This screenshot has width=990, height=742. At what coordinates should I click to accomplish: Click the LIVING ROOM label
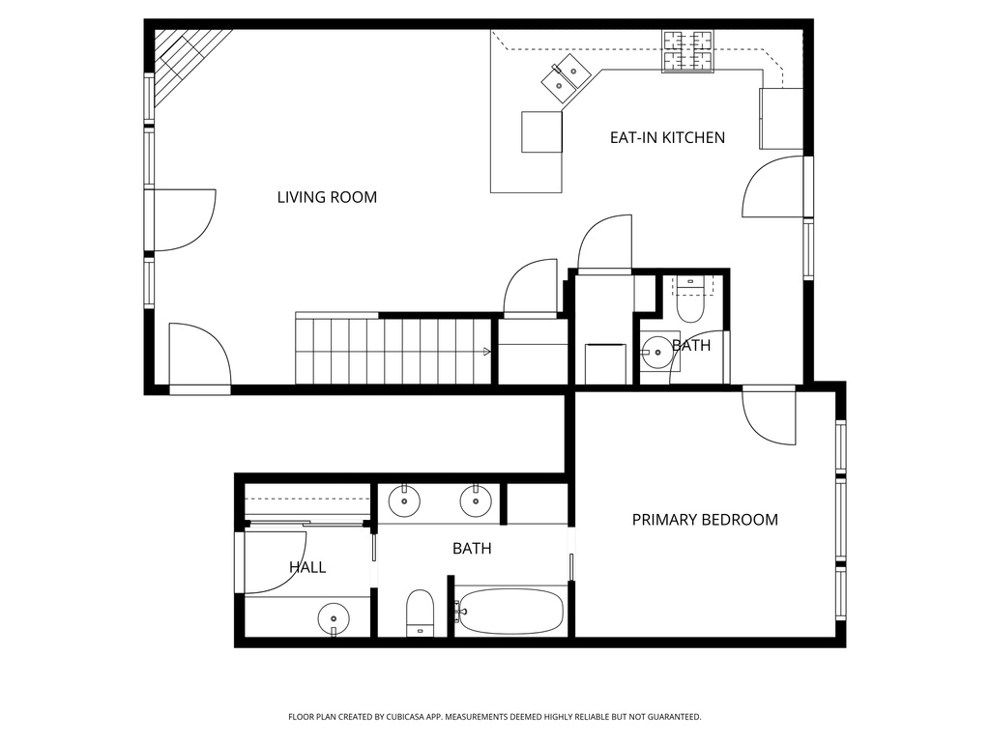coord(327,197)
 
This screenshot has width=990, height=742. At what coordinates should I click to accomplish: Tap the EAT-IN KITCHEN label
coord(667,137)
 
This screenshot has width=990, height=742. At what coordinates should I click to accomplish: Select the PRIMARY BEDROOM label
coord(705,520)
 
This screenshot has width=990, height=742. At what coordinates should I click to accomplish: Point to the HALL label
coord(307,567)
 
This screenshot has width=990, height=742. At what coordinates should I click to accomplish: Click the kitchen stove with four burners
coord(687,51)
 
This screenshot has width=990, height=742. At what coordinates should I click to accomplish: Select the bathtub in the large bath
coord(510,612)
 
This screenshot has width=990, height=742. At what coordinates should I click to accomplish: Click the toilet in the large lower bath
coord(420,612)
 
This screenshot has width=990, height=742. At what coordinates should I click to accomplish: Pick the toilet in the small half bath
coord(690,300)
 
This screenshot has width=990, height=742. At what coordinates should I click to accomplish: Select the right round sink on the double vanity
coord(475,500)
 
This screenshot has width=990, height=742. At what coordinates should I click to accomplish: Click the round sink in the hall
coord(334,615)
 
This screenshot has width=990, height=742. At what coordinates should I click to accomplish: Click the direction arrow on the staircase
coord(486,352)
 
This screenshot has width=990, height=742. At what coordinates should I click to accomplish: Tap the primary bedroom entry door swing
coord(770,415)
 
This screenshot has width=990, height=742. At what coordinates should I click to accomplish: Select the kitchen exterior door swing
coord(774,187)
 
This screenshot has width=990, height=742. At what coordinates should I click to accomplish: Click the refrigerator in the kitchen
coord(781,119)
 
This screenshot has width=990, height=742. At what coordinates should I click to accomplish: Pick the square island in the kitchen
coord(541,131)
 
